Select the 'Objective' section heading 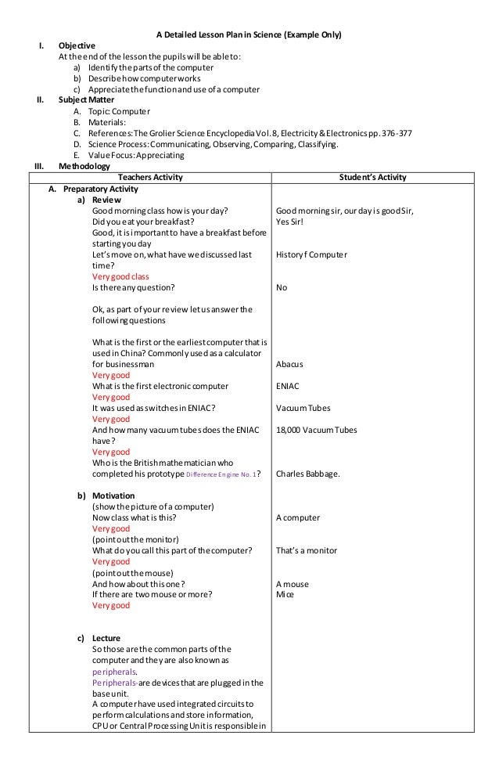click(x=77, y=46)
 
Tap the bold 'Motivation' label click(x=113, y=496)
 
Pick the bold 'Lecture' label click(x=106, y=638)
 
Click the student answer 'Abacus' click(x=289, y=364)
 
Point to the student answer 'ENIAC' click(x=288, y=386)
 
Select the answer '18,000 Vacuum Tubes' click(x=313, y=430)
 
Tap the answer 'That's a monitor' click(x=307, y=550)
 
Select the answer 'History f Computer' click(x=312, y=254)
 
